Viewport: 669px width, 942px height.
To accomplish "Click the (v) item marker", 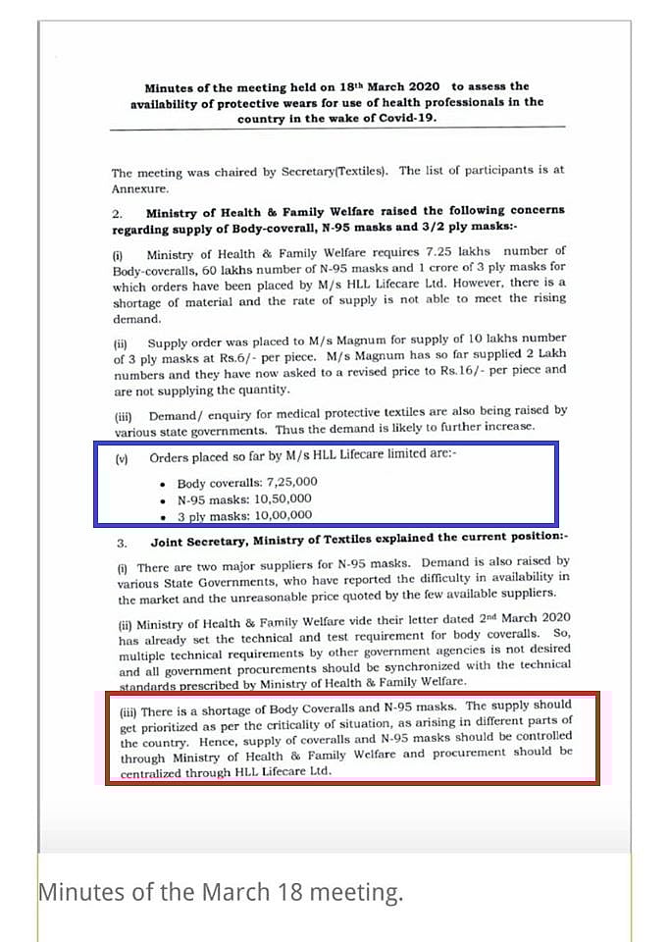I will pos(122,458).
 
